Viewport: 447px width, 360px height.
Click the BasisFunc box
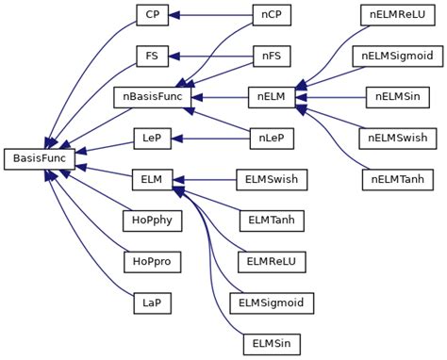coord(39,159)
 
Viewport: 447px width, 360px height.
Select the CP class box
coord(151,15)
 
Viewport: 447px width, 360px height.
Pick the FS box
coord(151,56)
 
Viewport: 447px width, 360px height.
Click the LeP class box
coord(151,138)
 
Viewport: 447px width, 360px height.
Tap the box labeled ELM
coord(151,179)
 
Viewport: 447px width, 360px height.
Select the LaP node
coord(151,302)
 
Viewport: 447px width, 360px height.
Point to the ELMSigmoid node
coord(272,302)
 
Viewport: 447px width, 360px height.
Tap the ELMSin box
coord(272,343)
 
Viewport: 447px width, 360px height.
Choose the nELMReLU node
coord(398,15)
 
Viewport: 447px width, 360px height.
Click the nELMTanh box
coord(398,179)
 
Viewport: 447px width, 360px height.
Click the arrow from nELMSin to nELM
coord(335,96)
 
